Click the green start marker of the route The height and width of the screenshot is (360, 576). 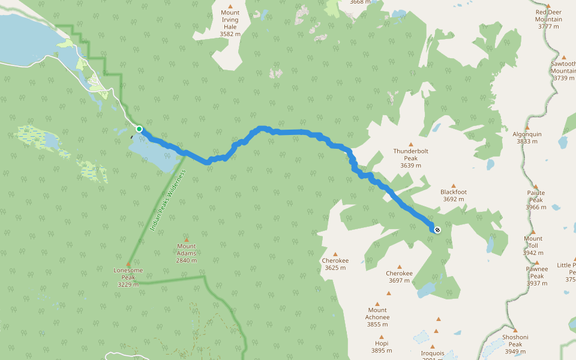pos(139,129)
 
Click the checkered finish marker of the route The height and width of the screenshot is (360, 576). pos(437,229)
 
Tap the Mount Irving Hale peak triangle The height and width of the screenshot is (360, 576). pos(230,6)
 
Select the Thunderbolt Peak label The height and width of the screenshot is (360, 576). pos(411,155)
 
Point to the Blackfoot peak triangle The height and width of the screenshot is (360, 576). pos(454,186)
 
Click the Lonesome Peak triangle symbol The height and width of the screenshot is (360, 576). pos(128,264)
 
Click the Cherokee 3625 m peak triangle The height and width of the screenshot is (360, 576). pos(335,254)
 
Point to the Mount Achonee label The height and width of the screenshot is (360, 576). pos(377,314)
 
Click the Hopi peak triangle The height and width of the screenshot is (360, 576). pos(381,337)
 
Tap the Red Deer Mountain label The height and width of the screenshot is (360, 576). pos(549,16)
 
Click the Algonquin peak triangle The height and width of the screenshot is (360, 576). pos(527,128)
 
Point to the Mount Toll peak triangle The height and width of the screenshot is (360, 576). pos(533,232)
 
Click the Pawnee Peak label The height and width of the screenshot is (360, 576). pos(536,272)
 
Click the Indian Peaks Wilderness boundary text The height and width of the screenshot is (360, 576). pos(169,201)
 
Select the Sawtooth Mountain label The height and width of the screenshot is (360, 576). pos(564,67)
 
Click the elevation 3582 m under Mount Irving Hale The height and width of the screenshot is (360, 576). pos(230,34)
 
